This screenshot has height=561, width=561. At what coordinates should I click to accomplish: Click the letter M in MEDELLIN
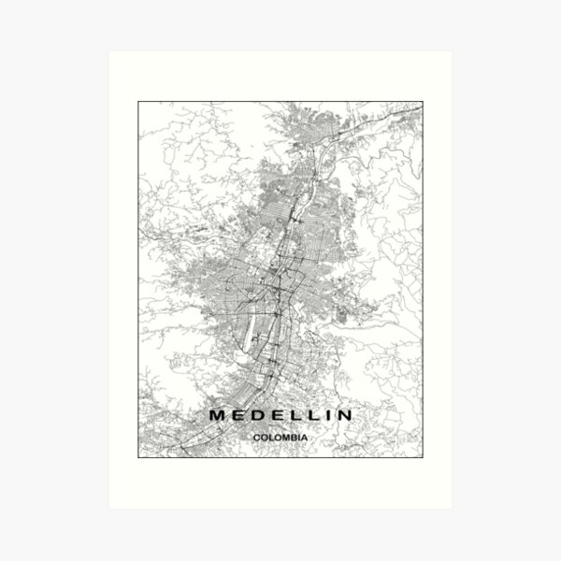[217, 414]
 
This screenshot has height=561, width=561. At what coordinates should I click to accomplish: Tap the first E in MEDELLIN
[237, 414]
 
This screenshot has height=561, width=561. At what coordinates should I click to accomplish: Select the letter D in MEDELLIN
[257, 414]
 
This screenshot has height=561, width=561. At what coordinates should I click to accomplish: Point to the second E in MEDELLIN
[277, 414]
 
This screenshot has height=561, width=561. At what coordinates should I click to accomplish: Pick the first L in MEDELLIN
[295, 414]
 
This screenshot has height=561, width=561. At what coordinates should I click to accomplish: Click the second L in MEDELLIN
[313, 414]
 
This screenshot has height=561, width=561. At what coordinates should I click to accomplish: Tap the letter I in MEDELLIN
[328, 414]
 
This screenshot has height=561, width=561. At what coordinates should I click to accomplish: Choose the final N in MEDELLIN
[345, 414]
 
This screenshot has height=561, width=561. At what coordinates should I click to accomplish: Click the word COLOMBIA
[280, 434]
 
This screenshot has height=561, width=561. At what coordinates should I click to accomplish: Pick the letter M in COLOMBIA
[284, 434]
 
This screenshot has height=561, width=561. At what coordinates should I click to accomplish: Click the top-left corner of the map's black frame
[138, 101]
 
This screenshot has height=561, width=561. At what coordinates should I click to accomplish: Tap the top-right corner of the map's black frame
[423, 101]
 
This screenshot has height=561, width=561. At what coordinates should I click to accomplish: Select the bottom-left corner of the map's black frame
[138, 457]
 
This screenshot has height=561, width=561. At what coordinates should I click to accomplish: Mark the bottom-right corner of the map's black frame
[423, 457]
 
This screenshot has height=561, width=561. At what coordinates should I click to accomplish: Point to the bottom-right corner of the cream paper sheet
[453, 509]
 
